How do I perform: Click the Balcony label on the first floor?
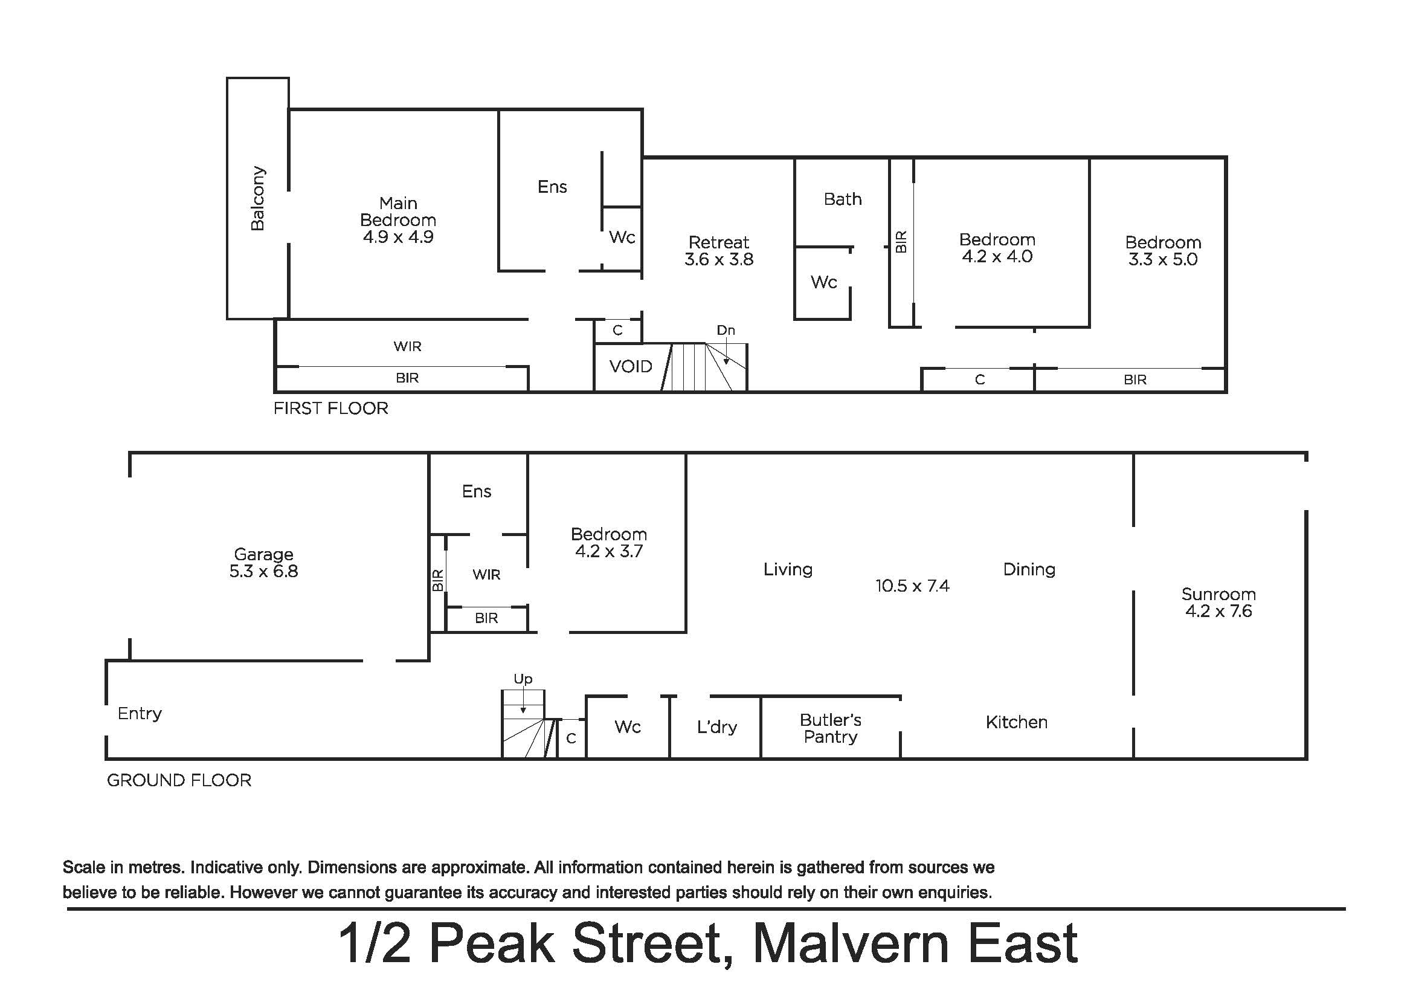point(258,198)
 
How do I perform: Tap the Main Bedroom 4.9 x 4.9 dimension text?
point(398,237)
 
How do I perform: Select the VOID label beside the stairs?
point(630,367)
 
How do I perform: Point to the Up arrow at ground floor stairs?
point(523,700)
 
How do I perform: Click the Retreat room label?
point(719,242)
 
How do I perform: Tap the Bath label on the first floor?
point(843,199)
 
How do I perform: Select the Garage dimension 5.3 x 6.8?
point(263,571)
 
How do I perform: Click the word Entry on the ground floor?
point(140,713)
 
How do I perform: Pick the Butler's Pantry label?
point(830,728)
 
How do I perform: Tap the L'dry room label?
point(717,728)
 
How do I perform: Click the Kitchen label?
point(1017,722)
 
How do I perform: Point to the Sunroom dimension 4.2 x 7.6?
point(1218,611)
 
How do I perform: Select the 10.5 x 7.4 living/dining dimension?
point(912,586)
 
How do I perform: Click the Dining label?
point(1029,570)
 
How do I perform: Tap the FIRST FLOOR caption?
point(330,409)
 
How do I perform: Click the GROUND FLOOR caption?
point(179,780)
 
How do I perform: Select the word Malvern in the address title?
point(851,943)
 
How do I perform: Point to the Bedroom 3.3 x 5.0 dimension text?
point(1162,259)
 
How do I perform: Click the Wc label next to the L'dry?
point(627,727)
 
